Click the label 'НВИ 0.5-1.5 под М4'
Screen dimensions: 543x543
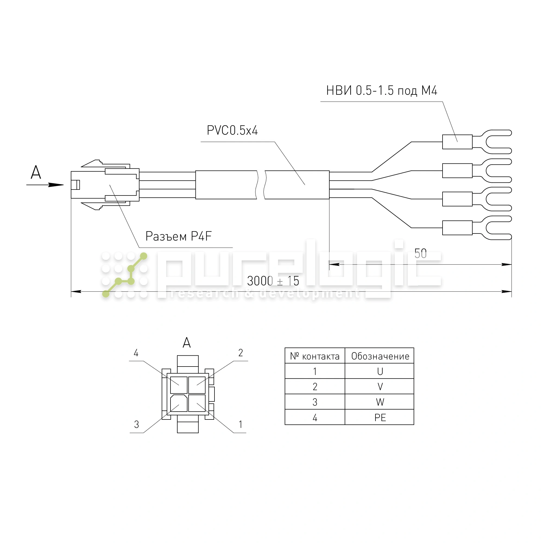coord(381,90)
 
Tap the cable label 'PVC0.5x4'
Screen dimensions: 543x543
coord(232,130)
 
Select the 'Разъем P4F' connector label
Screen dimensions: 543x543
coord(178,236)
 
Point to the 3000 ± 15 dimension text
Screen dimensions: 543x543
coord(273,281)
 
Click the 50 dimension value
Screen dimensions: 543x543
coord(421,254)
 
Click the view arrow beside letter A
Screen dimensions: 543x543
coord(45,185)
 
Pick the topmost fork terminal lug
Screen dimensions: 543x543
coord(477,142)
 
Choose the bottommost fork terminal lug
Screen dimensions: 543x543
coord(477,228)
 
